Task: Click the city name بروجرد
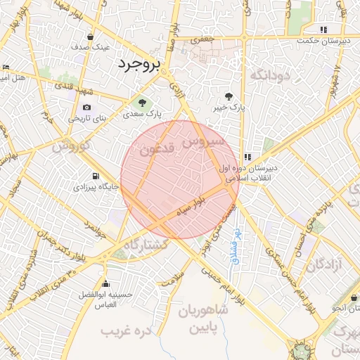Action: (x=139, y=64)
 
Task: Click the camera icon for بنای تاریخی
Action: (x=86, y=108)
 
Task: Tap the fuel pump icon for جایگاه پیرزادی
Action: (x=94, y=176)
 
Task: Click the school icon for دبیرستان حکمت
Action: (x=323, y=30)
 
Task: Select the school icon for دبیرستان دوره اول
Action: (x=247, y=157)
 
